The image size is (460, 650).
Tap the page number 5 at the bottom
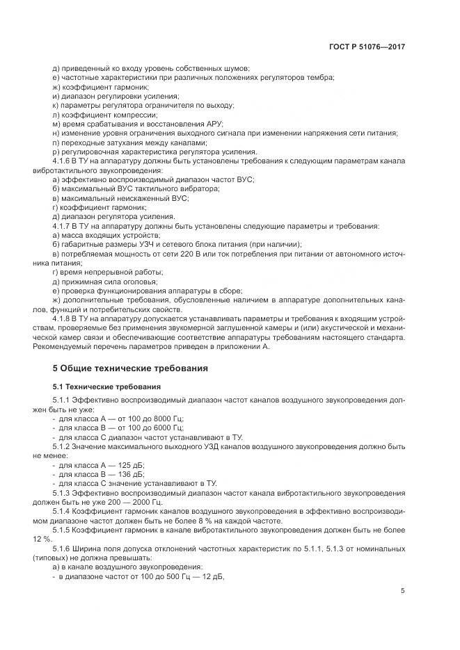point(403,591)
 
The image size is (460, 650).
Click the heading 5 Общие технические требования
point(130,367)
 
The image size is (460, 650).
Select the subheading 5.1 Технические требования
point(106,386)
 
